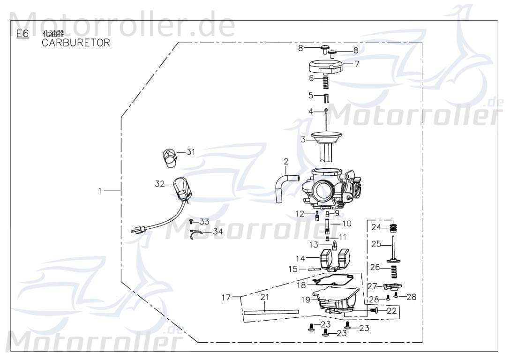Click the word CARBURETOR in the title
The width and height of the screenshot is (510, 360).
tap(76, 43)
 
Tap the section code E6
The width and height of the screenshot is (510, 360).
tap(22, 34)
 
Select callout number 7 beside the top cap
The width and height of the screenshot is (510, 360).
tap(357, 64)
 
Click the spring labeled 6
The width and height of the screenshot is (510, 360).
tap(326, 83)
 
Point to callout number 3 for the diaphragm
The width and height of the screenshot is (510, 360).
tap(303, 139)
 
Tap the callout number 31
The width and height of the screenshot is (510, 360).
tap(190, 152)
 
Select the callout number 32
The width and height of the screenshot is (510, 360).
tap(160, 184)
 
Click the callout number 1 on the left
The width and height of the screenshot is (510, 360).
tap(99, 191)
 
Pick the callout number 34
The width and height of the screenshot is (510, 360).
tap(218, 232)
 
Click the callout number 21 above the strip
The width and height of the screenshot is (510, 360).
tap(265, 297)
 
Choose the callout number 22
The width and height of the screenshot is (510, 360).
tap(391, 310)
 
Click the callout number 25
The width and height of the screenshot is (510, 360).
tap(376, 244)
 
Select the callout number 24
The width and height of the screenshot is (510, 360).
tap(376, 228)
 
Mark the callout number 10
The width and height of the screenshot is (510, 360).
tap(347, 224)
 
